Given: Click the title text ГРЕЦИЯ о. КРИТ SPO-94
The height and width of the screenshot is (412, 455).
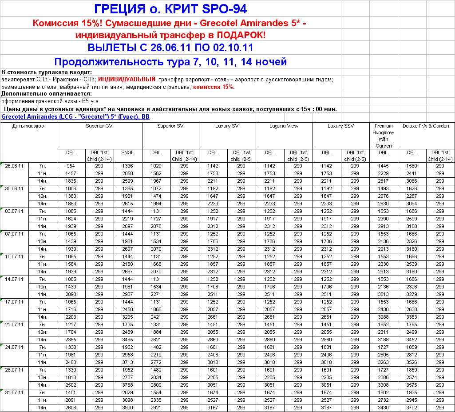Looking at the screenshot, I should [170, 9].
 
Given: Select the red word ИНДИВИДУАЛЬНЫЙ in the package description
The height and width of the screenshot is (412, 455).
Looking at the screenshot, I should [127, 80].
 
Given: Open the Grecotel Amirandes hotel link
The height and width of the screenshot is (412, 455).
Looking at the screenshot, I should [75, 117].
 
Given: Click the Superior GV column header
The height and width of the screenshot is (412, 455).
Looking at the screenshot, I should [99, 126].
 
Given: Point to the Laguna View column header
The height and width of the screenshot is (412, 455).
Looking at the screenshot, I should [284, 126].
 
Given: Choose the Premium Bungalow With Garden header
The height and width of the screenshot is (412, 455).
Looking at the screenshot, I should [384, 136].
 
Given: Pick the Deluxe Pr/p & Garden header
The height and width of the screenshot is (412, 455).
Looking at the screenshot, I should [426, 126].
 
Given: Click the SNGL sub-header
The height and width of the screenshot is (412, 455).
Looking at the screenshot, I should [127, 153].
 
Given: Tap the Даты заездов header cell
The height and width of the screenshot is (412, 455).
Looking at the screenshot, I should [28, 126].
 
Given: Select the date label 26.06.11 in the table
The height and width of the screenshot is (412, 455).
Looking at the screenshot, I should [14, 166].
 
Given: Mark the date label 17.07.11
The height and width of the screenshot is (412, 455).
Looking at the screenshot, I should [14, 302].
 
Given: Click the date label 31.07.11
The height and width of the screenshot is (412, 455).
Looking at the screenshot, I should [14, 392].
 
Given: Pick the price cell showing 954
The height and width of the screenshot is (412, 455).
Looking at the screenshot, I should [71, 166].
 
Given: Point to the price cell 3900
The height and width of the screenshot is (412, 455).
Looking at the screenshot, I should [127, 408].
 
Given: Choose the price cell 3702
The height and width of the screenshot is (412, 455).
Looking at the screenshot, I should [411, 408].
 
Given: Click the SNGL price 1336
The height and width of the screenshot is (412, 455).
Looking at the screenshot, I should [127, 166].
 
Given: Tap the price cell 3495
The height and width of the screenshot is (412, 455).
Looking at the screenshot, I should [127, 340].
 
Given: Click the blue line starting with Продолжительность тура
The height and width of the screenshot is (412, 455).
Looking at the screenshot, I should [170, 62].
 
